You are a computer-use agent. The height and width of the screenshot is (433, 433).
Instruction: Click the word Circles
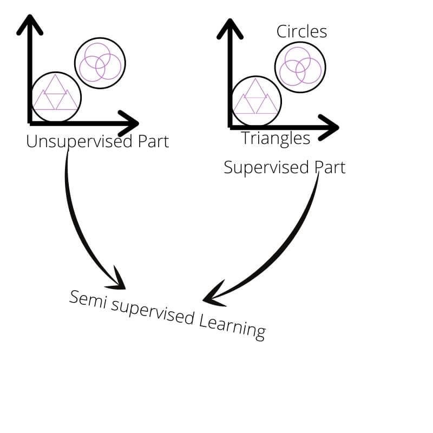[301, 31]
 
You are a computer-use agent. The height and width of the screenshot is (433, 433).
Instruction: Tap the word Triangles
[275, 139]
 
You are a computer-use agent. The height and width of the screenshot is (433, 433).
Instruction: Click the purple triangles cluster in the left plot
[55, 96]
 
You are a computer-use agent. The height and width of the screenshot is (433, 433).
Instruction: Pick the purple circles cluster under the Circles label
[300, 67]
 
